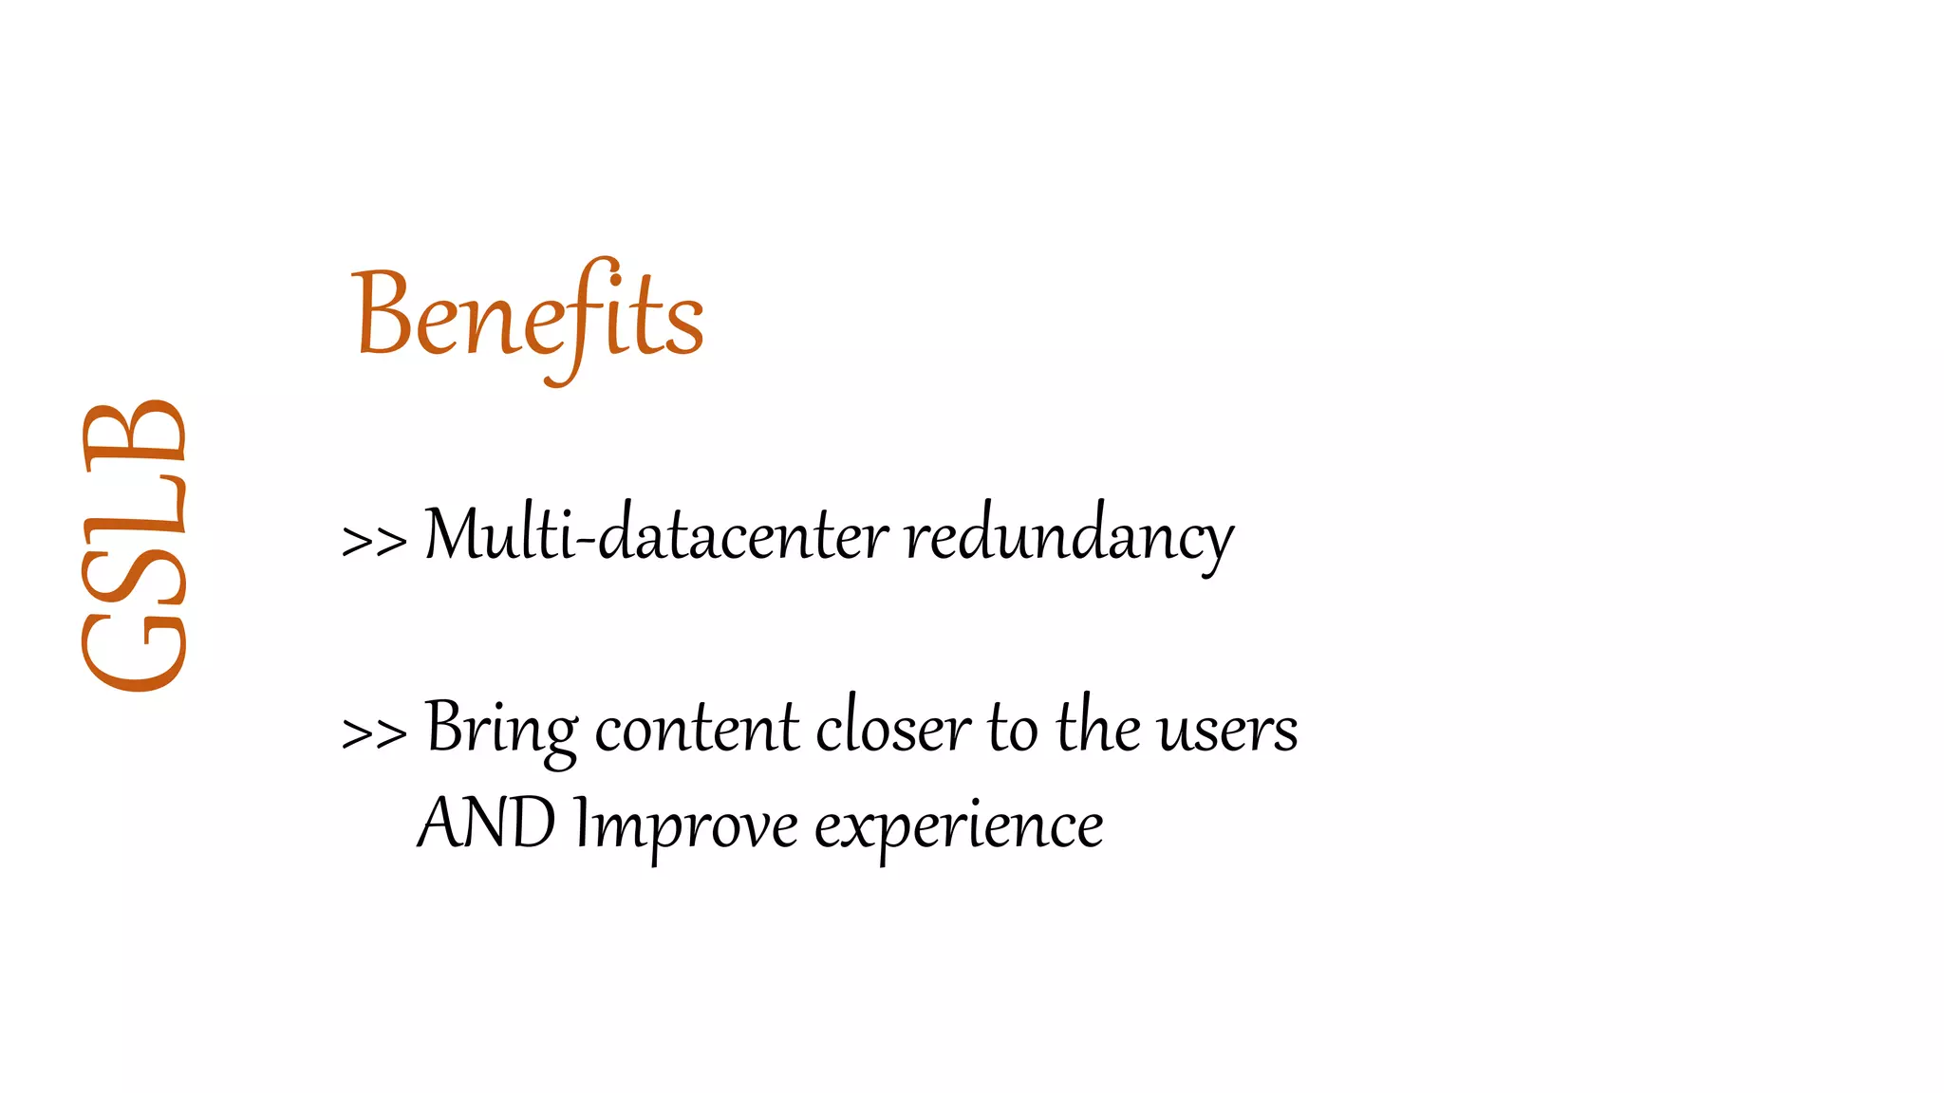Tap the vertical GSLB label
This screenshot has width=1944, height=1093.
tap(134, 546)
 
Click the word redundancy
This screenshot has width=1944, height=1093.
tap(1069, 536)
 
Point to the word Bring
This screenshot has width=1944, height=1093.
tap(501, 729)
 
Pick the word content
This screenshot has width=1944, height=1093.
tap(698, 729)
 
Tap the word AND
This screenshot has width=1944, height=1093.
tap(487, 823)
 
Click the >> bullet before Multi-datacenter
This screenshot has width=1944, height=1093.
tap(374, 541)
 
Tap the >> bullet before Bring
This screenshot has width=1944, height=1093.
tap(374, 732)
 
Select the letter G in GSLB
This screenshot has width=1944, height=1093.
tap(134, 651)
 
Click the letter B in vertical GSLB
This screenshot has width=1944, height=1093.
tap(134, 432)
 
